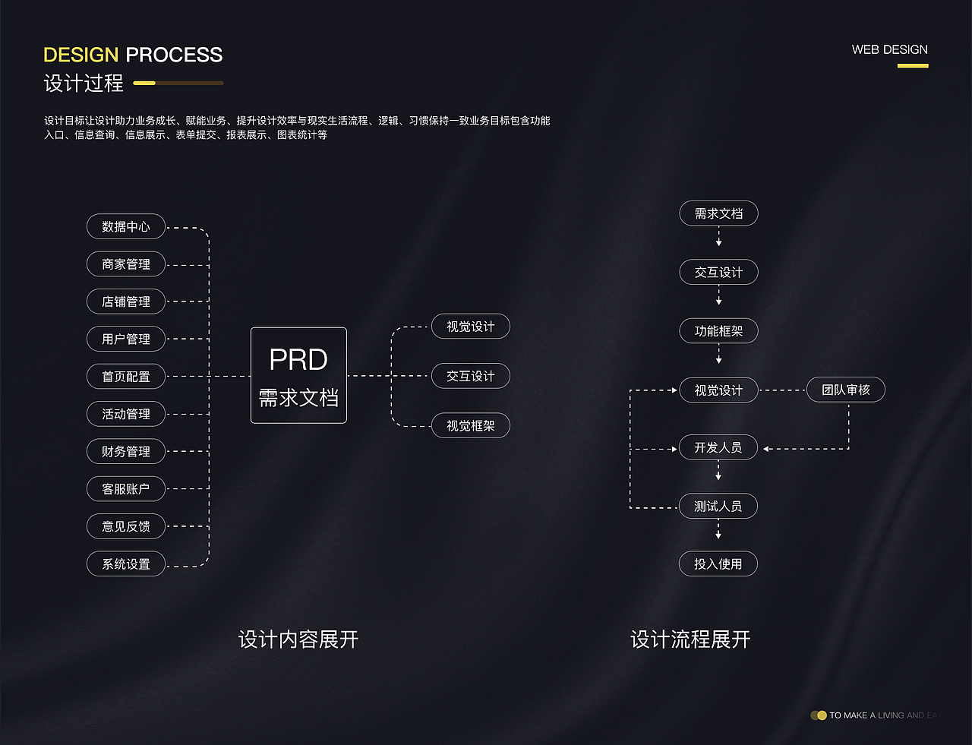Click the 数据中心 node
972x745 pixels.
pyautogui.click(x=126, y=227)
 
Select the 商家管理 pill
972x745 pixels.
pyautogui.click(x=126, y=264)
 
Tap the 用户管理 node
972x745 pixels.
pyautogui.click(x=126, y=339)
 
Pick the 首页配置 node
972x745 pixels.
pyautogui.click(x=126, y=377)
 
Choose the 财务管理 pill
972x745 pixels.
pyautogui.click(x=126, y=452)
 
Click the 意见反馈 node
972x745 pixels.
pyautogui.click(x=126, y=526)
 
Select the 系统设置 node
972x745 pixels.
pyautogui.click(x=126, y=564)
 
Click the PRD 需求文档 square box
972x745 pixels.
pyautogui.click(x=298, y=376)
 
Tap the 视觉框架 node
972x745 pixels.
pyautogui.click(x=470, y=426)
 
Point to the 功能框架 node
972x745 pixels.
pyautogui.click(x=718, y=331)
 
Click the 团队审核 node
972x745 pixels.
pyautogui.click(x=845, y=390)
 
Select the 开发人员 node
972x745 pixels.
pyautogui.click(x=718, y=448)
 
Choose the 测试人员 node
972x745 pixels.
pyautogui.click(x=718, y=507)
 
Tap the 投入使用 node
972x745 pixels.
pyautogui.click(x=718, y=564)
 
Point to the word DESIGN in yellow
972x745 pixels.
pyautogui.click(x=80, y=55)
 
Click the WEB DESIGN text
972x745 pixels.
pyautogui.click(x=889, y=50)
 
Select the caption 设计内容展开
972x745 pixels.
pyautogui.click(x=298, y=639)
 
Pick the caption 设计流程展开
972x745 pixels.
pyautogui.click(x=690, y=639)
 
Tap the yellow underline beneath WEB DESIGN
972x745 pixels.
pyautogui.click(x=913, y=66)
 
